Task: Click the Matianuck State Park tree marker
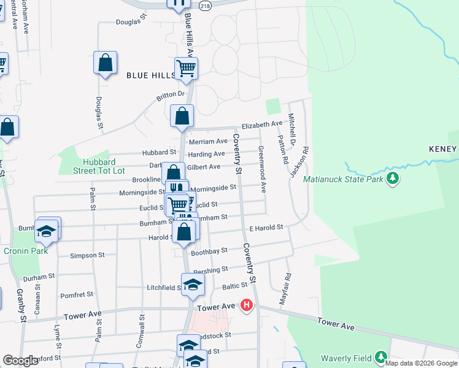pos(393,179)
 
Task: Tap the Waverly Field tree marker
pos(380,358)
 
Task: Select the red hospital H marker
pos(247,305)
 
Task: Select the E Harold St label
pos(266,228)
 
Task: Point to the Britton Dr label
pos(171,94)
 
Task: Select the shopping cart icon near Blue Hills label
pos(186,68)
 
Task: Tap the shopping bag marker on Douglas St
pos(106,63)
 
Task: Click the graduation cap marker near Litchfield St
pos(192,285)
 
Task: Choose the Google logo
pos(20,361)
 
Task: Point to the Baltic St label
pos(234,285)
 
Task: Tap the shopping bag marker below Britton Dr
pos(182,115)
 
